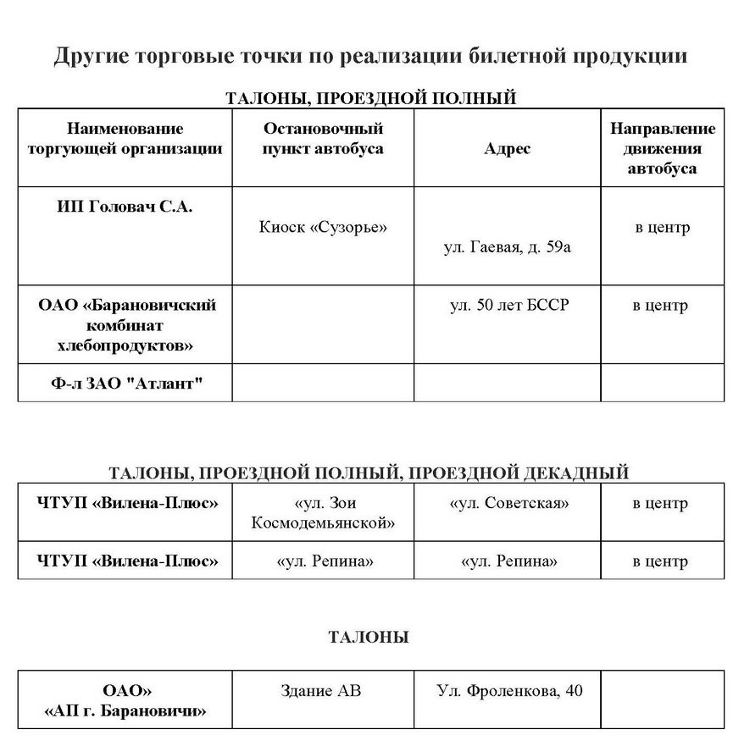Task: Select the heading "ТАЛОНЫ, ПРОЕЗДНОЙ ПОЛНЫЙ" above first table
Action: pos(370,98)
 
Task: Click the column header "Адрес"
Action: pos(508,149)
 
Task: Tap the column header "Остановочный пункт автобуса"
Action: pos(323,139)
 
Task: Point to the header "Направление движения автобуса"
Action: pos(663,148)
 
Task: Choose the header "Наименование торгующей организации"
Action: pos(125,139)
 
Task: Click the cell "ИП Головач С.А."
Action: pos(125,206)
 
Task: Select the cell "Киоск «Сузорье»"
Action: pos(323,227)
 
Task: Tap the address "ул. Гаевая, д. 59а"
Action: pos(508,247)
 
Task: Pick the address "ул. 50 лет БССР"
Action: pos(508,305)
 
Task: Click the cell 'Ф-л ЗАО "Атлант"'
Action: pos(125,384)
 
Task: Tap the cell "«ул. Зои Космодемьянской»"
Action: pos(323,512)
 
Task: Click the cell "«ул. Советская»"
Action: pos(508,503)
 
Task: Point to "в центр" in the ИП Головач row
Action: pos(663,227)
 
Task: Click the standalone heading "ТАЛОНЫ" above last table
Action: pos(368,637)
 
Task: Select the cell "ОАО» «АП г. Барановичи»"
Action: pos(125,700)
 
